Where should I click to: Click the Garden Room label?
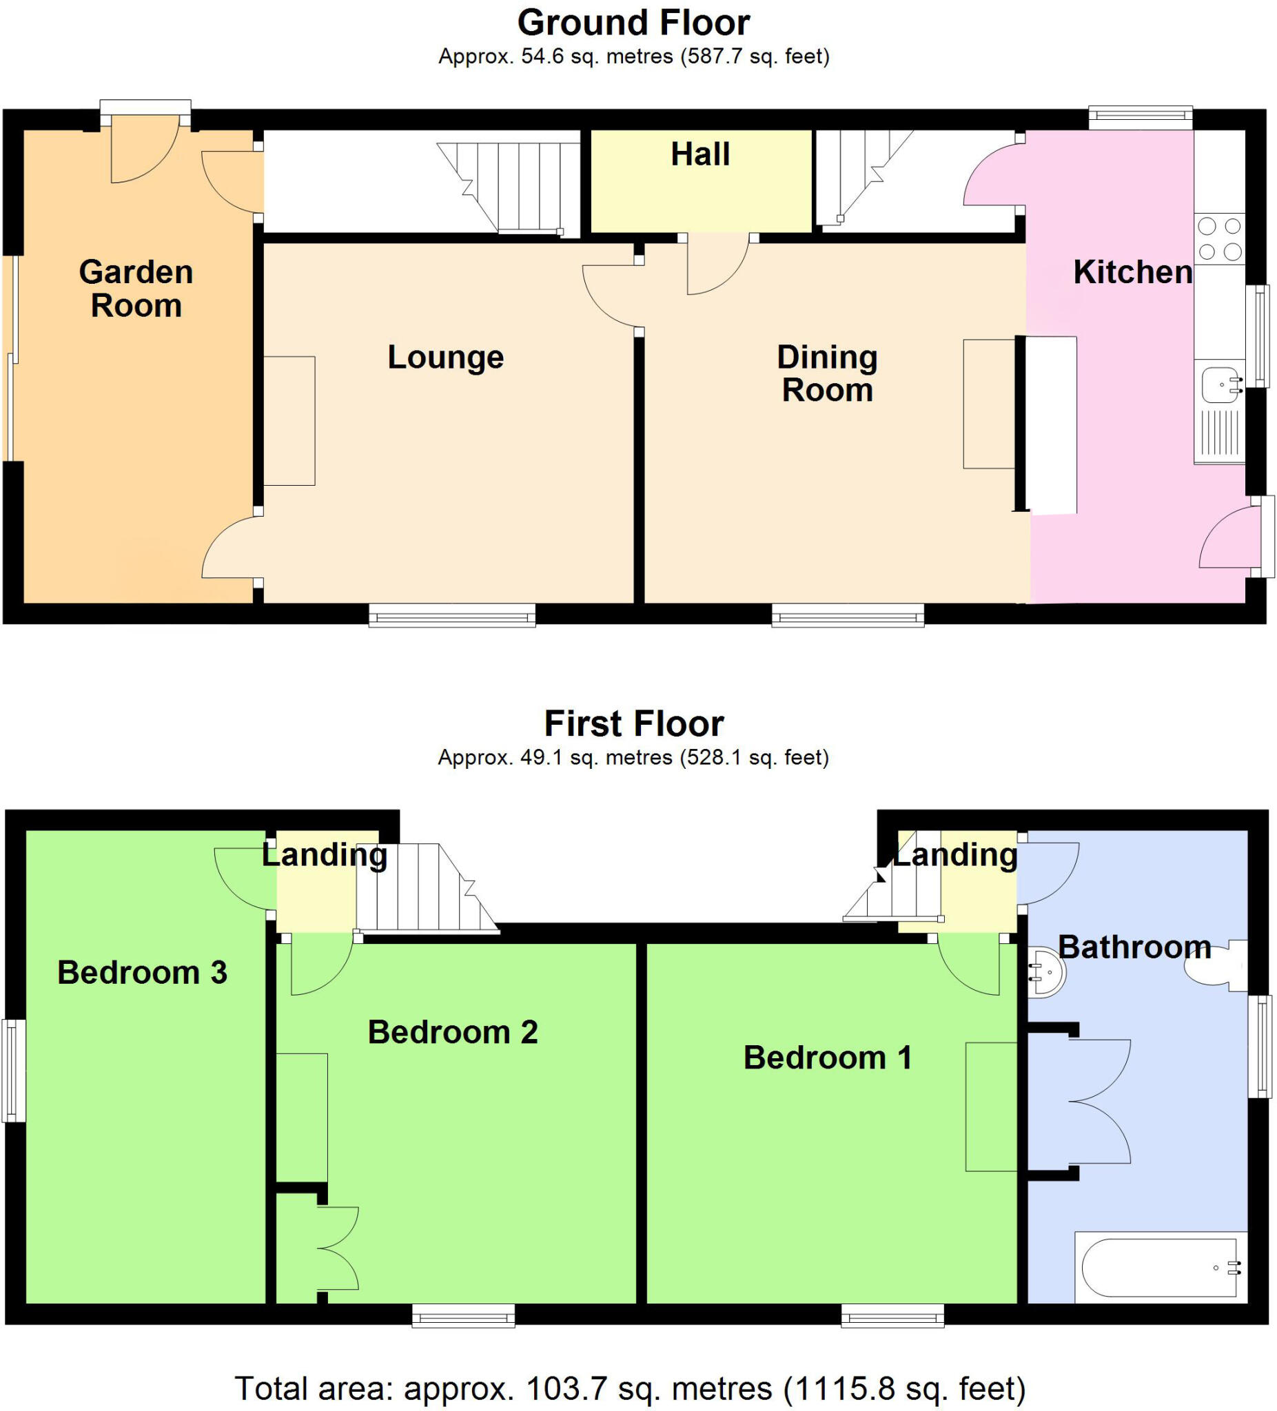pos(136,289)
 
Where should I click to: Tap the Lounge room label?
pos(445,357)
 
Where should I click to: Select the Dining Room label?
pos(827,373)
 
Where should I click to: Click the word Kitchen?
pos(1132,271)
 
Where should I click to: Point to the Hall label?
pos(700,154)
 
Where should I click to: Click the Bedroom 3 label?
pos(142,972)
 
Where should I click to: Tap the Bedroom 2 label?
pos(452,1031)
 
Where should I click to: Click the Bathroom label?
pos(1134,947)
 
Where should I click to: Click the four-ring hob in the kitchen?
pos(1219,238)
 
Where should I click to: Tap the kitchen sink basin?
pos(1220,384)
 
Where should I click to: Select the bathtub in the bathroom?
pos(1159,1268)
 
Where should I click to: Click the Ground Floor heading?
pos(633,23)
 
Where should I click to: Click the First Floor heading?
pos(633,723)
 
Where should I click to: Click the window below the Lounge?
pos(451,617)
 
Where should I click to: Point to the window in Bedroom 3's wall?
pos(12,1071)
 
